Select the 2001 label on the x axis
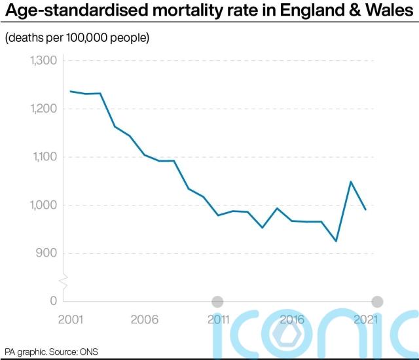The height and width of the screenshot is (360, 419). pos(70,319)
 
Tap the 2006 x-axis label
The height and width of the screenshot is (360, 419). pos(144,319)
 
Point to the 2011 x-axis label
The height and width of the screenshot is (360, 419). pos(217,319)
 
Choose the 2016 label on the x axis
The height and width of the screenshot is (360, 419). pos(292,319)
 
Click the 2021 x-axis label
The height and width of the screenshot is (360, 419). pos(366,319)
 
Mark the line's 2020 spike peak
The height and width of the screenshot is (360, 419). pos(351,181)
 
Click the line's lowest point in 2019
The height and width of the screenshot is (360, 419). pos(336,241)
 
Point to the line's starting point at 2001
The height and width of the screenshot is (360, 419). pos(70,91)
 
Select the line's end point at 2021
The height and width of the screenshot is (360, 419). pos(365,209)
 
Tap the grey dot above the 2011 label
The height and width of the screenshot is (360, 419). pos(217,301)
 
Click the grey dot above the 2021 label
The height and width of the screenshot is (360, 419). pos(377,301)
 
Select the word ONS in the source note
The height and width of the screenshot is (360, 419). pos(89,351)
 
